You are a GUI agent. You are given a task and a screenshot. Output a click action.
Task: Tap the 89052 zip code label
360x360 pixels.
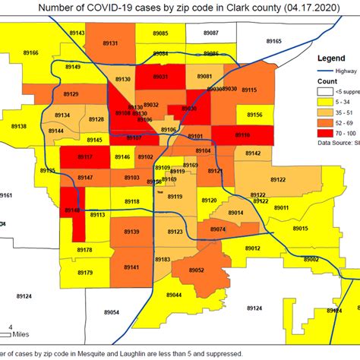(196, 270)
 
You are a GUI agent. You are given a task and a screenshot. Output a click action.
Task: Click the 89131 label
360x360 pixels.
(109, 44)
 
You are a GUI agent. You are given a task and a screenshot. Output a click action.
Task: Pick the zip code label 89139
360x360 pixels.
(131, 232)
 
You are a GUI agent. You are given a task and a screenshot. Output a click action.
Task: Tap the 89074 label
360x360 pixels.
(218, 229)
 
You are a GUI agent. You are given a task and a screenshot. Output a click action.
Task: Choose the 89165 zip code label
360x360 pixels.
(274, 40)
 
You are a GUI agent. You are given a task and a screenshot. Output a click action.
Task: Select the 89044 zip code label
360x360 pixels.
(175, 295)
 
